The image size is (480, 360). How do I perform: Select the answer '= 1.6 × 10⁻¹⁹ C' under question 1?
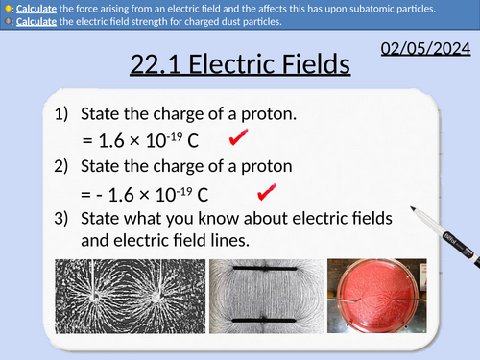coord(140,142)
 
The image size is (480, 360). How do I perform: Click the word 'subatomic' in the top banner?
coord(379,9)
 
